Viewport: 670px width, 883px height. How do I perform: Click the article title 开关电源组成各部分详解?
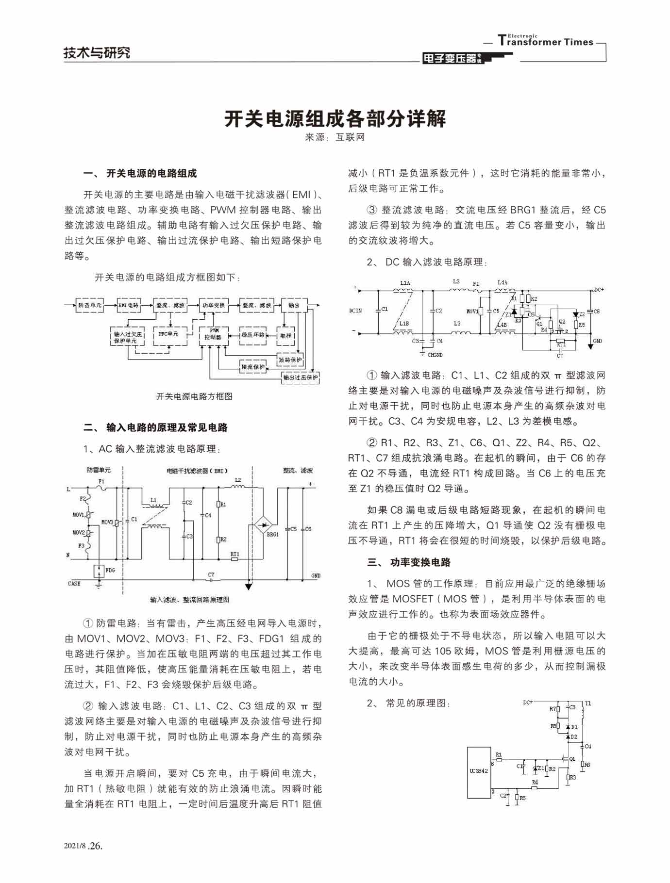click(x=335, y=119)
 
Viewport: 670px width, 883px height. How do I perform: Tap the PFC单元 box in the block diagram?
click(x=169, y=335)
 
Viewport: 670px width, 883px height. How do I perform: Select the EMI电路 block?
click(x=129, y=305)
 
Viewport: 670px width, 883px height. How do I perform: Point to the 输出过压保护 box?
click(x=301, y=377)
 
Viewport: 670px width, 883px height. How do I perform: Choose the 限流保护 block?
click(x=253, y=367)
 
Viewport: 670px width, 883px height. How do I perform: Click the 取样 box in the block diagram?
click(x=286, y=335)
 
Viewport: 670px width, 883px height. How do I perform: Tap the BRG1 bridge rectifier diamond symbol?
click(x=263, y=525)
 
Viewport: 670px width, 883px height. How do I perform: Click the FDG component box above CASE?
click(x=99, y=571)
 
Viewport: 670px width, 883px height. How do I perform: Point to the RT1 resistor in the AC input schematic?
click(x=234, y=559)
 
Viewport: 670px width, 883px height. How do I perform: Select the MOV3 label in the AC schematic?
click(x=107, y=522)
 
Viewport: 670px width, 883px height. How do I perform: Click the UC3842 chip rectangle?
click(x=479, y=772)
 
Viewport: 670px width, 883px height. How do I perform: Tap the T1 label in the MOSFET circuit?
click(x=588, y=703)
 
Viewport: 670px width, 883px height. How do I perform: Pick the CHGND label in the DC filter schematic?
click(x=435, y=355)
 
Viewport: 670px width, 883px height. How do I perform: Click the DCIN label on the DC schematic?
click(x=355, y=311)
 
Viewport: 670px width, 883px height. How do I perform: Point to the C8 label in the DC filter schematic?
click(x=597, y=311)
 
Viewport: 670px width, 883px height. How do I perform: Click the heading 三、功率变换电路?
click(x=409, y=562)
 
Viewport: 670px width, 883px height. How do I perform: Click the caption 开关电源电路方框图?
click(x=194, y=396)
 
